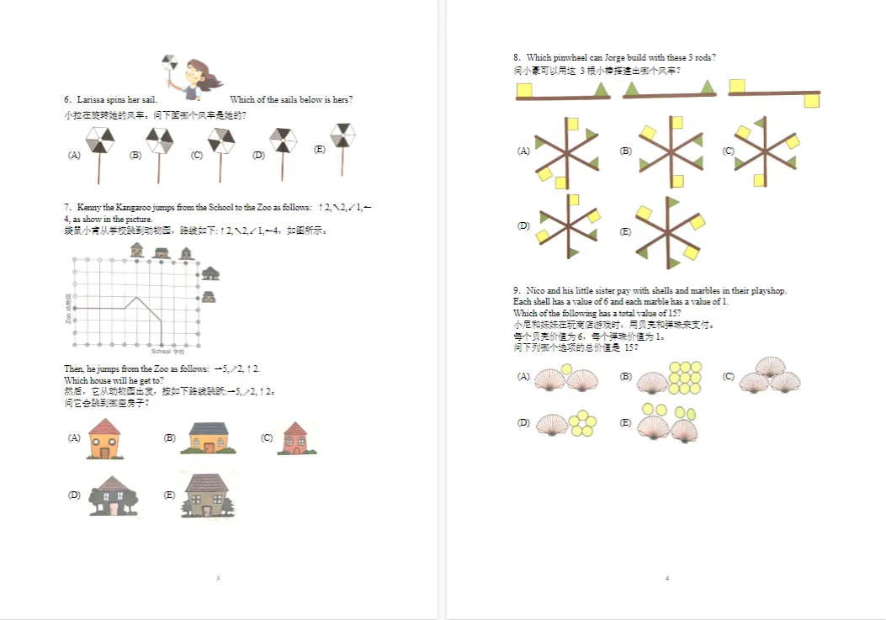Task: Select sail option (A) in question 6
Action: (x=99, y=140)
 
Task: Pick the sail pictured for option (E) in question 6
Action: (x=342, y=136)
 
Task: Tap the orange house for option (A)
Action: (x=104, y=438)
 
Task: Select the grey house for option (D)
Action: (x=113, y=495)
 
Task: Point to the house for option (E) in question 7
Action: (x=205, y=495)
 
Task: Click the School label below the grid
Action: (x=161, y=351)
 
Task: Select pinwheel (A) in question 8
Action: (x=566, y=151)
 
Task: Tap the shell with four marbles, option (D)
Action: (x=564, y=423)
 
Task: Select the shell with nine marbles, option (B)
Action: (x=670, y=378)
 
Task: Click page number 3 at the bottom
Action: (x=218, y=578)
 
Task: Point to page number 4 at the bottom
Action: (x=666, y=578)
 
